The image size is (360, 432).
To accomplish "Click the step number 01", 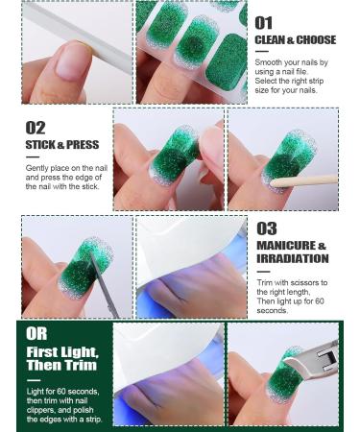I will (x=264, y=22).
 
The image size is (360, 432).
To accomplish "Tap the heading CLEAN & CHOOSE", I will (x=295, y=40).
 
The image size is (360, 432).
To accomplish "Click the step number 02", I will (x=36, y=128).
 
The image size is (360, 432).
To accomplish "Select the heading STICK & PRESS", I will (x=61, y=145).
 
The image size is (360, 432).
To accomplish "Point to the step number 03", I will (x=267, y=228).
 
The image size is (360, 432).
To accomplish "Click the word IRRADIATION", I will (x=292, y=258).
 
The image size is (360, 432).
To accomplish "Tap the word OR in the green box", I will (x=36, y=333).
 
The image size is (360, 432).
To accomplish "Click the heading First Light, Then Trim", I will (x=61, y=360).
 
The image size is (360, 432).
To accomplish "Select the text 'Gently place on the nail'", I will (x=66, y=168).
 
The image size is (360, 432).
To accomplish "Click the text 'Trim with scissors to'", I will (x=292, y=282).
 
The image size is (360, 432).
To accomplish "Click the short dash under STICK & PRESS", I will (x=32, y=156).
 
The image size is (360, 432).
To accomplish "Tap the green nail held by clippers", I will (x=290, y=376).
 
